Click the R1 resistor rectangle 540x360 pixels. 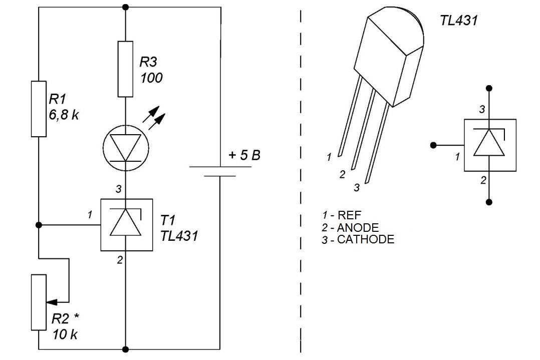[39, 109]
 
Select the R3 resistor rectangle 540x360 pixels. [125, 69]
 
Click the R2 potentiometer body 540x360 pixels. [39, 302]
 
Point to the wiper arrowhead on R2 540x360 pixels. [51, 302]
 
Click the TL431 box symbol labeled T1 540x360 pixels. [126, 225]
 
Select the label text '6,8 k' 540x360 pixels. [64, 115]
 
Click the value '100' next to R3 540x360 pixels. [151, 78]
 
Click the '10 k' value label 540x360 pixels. [65, 334]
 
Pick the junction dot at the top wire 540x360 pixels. [126, 7]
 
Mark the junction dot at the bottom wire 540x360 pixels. [126, 349]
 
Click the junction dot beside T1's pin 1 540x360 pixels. [39, 225]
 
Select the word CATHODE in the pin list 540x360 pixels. [366, 239]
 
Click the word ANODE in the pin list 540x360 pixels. [358, 227]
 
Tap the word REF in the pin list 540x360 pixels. [350, 215]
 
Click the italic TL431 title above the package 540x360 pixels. [459, 21]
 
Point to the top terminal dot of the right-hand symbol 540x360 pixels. [489, 89]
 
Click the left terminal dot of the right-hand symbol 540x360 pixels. [434, 145]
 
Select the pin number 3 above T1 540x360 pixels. [118, 189]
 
